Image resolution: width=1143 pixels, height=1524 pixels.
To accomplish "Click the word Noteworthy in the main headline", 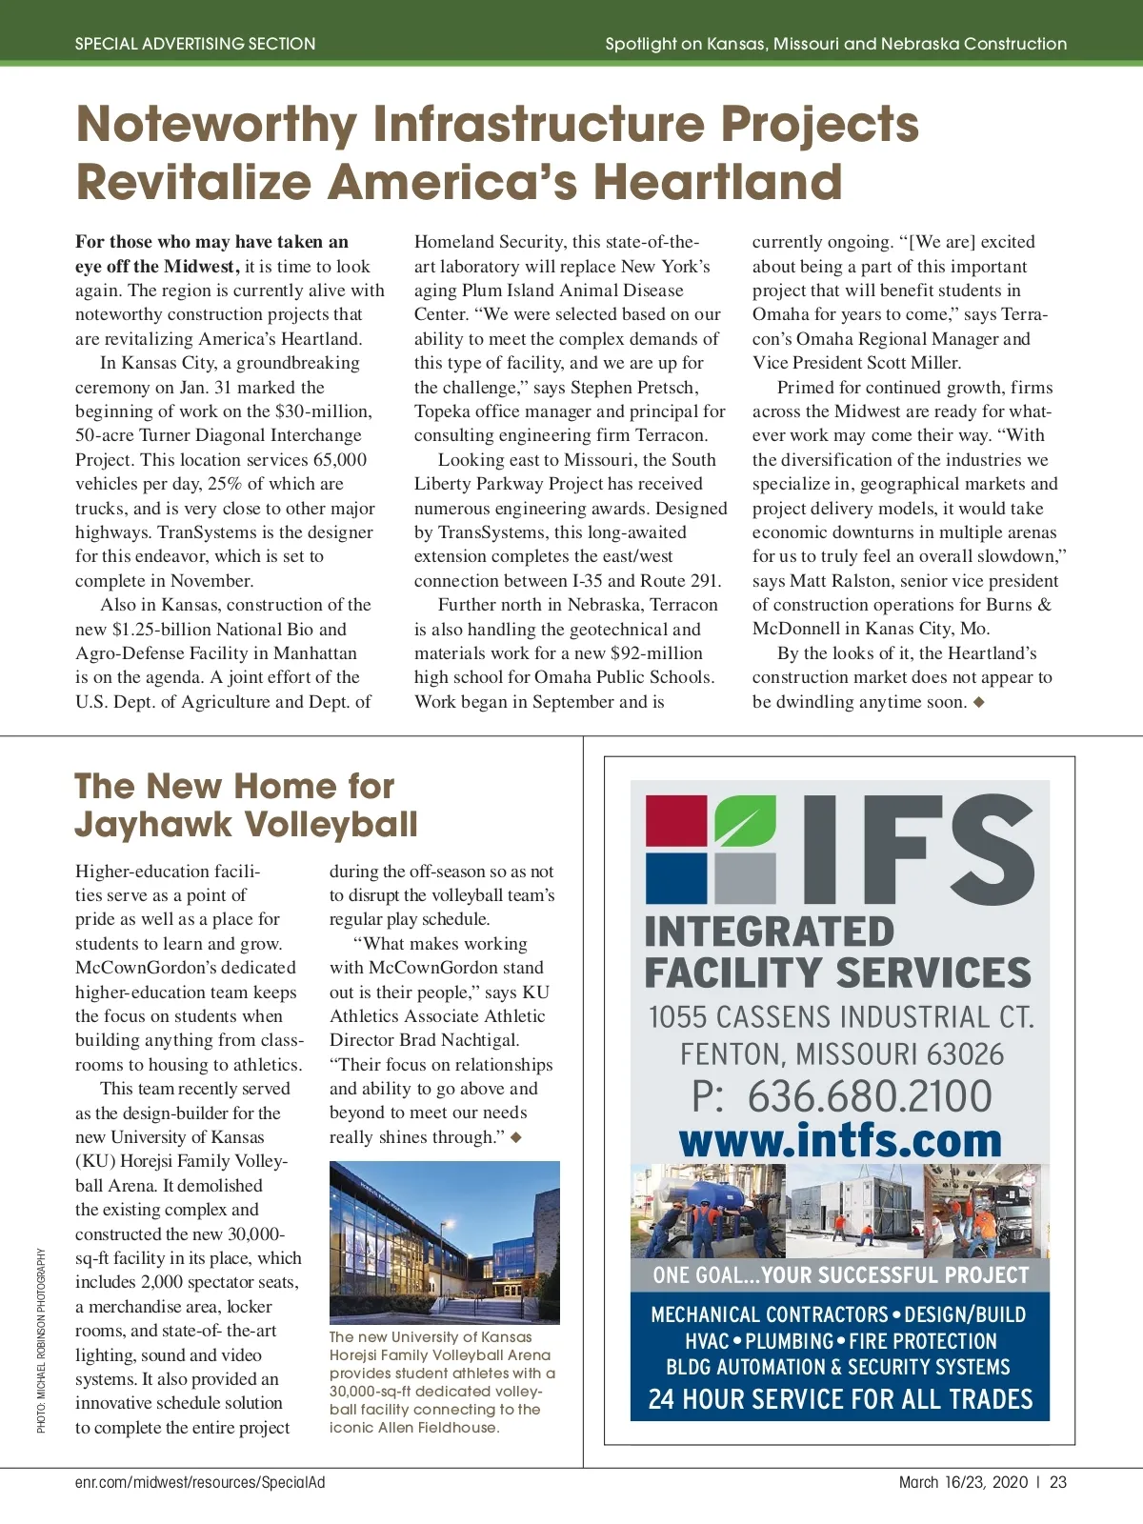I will click(216, 125).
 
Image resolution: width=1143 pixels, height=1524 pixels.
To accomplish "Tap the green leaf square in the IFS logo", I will click(745, 820).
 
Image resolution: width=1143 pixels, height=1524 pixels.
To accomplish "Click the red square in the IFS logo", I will click(676, 820).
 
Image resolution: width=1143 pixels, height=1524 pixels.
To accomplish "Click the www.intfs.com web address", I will click(840, 1140).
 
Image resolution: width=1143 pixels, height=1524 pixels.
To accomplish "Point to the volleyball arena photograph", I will click(444, 1241).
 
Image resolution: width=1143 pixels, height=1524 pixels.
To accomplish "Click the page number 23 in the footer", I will click(1058, 1482).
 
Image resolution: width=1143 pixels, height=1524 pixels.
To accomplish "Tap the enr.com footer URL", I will click(200, 1482).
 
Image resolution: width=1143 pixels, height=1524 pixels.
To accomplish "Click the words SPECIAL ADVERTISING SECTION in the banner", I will click(195, 44).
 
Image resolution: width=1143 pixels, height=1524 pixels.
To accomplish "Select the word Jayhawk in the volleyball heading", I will click(152, 824).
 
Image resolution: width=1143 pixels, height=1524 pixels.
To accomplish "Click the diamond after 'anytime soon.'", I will click(979, 702).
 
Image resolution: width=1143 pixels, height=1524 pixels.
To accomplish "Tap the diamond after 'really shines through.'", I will click(516, 1137).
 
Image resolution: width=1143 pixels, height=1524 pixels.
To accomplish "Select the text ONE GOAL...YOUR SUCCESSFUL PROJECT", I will click(840, 1275).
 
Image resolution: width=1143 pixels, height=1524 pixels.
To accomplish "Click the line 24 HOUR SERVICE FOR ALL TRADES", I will click(840, 1399).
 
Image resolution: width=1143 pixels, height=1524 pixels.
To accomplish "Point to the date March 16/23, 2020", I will click(963, 1482).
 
